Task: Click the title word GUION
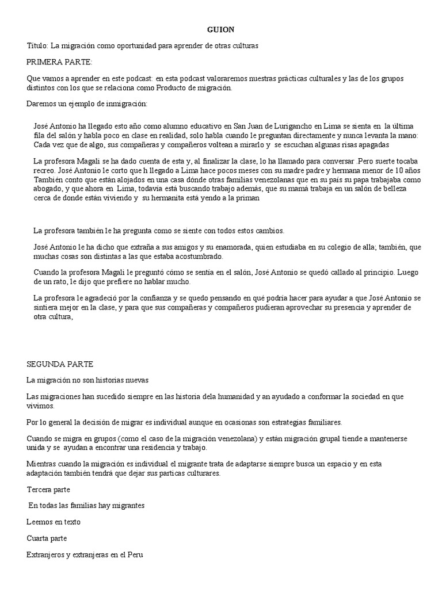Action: click(x=221, y=29)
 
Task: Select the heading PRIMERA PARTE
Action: click(x=59, y=61)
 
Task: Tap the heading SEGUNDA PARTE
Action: click(x=60, y=364)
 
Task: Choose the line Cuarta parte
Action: click(x=47, y=538)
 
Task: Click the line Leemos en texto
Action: click(x=54, y=522)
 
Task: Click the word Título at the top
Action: click(x=37, y=45)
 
